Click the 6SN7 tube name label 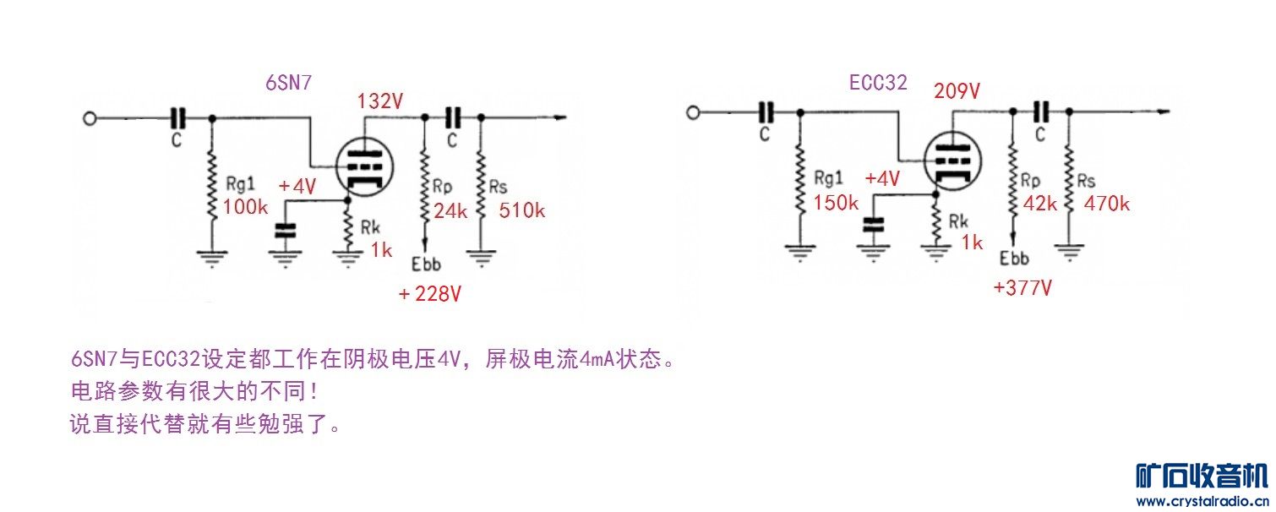point(289,83)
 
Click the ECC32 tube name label point(878,83)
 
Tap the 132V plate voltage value point(380,101)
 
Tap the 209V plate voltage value point(957,90)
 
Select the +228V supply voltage point(429,294)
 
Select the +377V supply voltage point(1022,287)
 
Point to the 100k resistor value point(245,207)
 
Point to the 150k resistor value point(836,203)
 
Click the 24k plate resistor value point(450,211)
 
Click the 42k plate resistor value point(1040,204)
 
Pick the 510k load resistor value point(521,210)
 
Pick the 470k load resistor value point(1107,204)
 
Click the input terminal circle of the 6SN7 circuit point(90,119)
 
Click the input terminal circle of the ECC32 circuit point(693,112)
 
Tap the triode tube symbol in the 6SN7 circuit point(364,167)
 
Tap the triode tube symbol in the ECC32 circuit point(953,161)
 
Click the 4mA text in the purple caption point(595,359)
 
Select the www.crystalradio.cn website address point(1202,502)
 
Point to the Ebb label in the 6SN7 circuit point(426,264)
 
